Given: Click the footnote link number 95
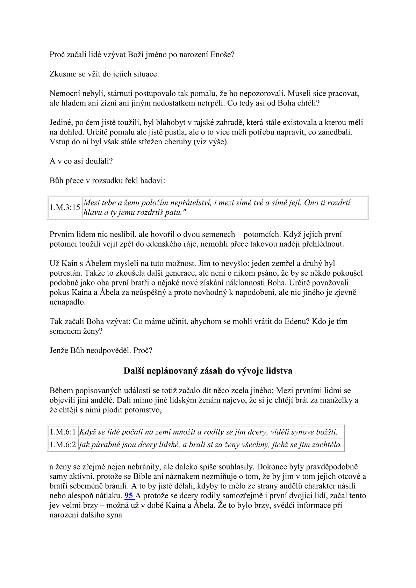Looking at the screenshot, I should click(129, 495).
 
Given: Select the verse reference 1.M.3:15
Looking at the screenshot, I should click(65, 208).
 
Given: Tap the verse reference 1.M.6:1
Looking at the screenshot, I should click(63, 432).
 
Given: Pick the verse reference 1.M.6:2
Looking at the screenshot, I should click(63, 445).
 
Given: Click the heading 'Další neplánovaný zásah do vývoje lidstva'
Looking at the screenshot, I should click(208, 371).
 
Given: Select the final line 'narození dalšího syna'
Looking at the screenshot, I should click(86, 515).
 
